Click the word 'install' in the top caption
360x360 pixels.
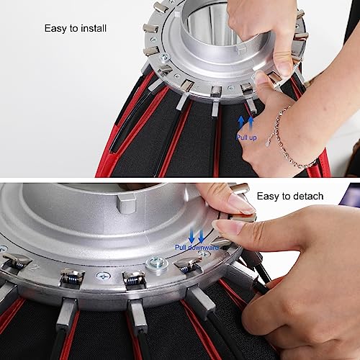click(x=94, y=28)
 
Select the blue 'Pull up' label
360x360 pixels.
click(x=246, y=138)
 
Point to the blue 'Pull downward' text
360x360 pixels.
click(x=197, y=248)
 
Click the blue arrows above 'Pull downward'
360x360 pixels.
click(x=197, y=236)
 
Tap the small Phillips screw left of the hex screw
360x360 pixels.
click(x=104, y=276)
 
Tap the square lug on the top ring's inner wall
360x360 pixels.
click(x=241, y=49)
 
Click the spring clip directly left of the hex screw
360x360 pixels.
click(x=134, y=279)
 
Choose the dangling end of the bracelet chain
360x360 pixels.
click(x=269, y=144)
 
